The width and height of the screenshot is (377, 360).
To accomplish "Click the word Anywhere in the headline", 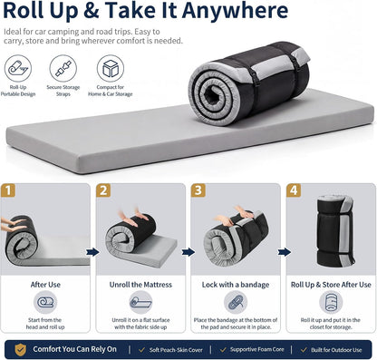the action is click(235, 11).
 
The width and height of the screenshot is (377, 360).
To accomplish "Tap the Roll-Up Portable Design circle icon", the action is click(18, 68).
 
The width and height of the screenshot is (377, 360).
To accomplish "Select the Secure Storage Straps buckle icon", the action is click(63, 68).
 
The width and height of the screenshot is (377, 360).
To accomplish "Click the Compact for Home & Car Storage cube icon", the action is click(111, 68).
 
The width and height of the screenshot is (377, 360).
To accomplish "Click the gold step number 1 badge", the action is click(8, 190).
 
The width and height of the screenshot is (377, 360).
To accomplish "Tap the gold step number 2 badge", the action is click(103, 190).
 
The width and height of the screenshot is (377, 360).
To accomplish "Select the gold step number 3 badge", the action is click(198, 190).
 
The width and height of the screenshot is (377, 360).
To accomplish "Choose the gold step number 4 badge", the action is click(294, 190).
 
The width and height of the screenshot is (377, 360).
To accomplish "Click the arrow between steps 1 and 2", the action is click(92, 252).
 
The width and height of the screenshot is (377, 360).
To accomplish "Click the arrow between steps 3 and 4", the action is click(284, 252).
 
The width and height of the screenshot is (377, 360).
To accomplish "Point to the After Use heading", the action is click(45, 285).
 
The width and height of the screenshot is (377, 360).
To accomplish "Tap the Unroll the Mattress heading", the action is click(140, 285).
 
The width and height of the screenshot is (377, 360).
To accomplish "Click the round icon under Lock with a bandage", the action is click(236, 302).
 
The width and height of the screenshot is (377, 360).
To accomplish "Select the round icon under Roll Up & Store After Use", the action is click(331, 302).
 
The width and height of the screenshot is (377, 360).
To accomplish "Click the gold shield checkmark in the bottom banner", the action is click(21, 350).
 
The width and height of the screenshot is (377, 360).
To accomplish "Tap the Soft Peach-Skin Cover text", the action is click(176, 350).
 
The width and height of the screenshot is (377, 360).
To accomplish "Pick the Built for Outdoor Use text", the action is click(336, 350).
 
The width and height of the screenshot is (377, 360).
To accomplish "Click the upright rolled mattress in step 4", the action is click(335, 230).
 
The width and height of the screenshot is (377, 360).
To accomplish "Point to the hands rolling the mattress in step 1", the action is click(13, 225).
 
